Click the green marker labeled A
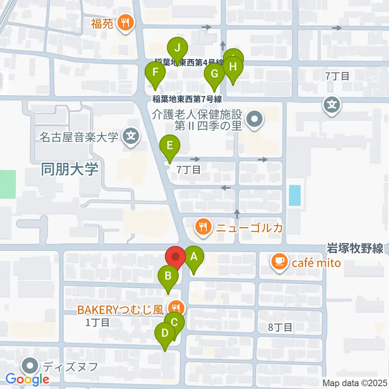click(194, 257)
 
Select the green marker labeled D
click(165, 333)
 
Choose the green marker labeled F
click(155, 73)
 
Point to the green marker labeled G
click(214, 74)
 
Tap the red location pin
click(175, 257)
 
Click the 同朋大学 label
click(70, 169)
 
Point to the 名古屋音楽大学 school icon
click(131, 135)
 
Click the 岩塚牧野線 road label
click(355, 248)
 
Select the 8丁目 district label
click(280, 327)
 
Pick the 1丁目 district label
click(97, 323)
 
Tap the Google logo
click(28, 379)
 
